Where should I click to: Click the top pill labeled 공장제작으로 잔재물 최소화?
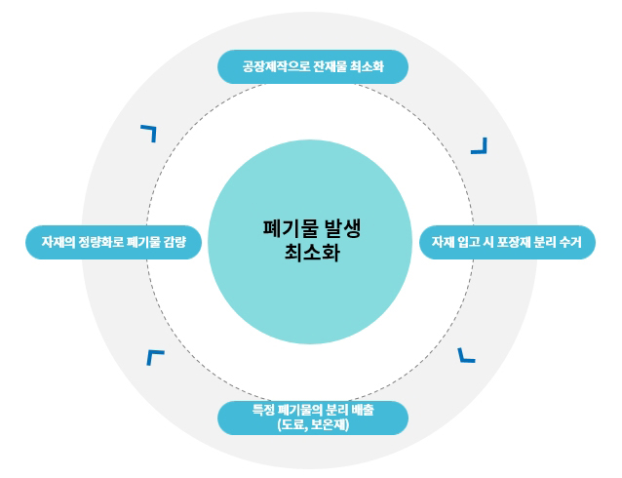tap(312, 67)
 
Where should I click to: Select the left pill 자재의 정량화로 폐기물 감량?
tap(114, 242)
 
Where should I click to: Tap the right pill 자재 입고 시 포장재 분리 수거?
tap(507, 242)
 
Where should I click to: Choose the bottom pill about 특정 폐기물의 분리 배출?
tap(312, 418)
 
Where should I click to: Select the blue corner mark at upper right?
tap(479, 145)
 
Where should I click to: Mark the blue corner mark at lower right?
tap(466, 354)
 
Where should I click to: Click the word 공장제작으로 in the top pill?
tap(277, 68)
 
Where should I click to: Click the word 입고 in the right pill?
tap(470, 242)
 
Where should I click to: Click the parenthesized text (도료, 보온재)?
tap(312, 425)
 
